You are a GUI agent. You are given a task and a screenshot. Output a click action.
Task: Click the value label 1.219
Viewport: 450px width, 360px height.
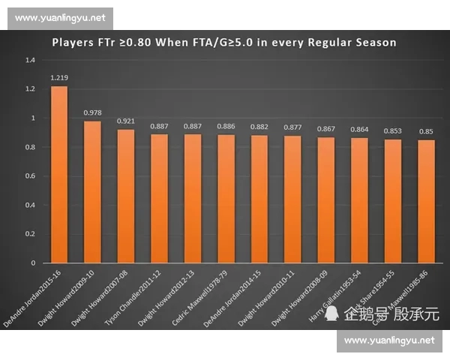tap(59, 78)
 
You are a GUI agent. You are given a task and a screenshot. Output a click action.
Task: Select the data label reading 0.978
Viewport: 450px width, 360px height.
tap(92, 112)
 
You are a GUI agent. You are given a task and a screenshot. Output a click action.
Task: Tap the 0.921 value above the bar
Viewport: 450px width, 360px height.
tap(126, 121)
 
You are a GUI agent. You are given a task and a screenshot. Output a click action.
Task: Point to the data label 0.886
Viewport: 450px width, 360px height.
tap(226, 126)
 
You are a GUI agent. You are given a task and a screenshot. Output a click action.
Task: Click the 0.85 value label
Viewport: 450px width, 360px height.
tap(426, 131)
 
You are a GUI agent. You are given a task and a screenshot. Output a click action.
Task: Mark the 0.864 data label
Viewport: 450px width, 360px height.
tap(359, 129)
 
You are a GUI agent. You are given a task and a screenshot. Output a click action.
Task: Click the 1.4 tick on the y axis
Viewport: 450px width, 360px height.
tap(30, 59)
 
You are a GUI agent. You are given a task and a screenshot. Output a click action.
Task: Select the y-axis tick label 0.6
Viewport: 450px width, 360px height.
tap(30, 176)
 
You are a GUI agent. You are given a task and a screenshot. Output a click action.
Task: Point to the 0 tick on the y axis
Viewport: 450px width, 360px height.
tap(34, 263)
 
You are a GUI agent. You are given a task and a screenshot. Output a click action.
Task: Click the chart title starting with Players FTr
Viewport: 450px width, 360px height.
tap(224, 42)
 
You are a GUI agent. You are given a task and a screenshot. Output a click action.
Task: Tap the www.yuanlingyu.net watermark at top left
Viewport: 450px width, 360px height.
tap(59, 17)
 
